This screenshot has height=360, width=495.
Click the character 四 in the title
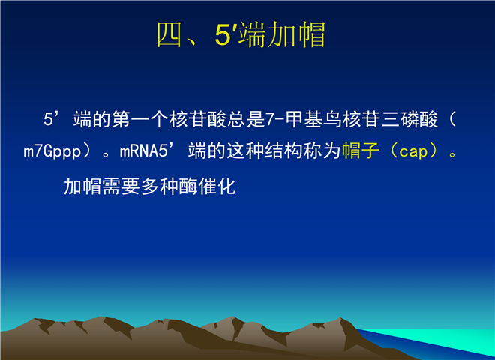pyautogui.click(x=169, y=34)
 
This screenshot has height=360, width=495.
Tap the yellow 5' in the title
pyautogui.click(x=226, y=34)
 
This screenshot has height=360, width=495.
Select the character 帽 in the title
pyautogui.click(x=312, y=34)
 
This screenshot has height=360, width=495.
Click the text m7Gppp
pyautogui.click(x=52, y=151)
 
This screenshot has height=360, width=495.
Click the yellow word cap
pyautogui.click(x=413, y=152)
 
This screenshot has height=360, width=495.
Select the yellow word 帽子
pyautogui.click(x=361, y=150)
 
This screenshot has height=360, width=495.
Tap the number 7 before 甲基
pyautogui.click(x=270, y=120)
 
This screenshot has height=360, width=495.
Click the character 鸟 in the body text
pyautogui.click(x=332, y=119)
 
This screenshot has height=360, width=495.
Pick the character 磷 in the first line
pyautogui.click(x=409, y=119)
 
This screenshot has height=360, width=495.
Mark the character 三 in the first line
pyautogui.click(x=390, y=119)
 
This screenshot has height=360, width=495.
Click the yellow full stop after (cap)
pyautogui.click(x=453, y=154)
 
